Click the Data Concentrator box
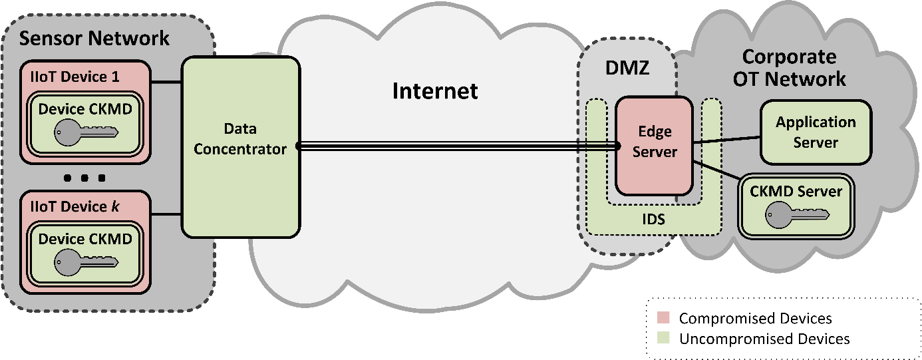[240, 146]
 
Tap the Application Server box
[816, 132]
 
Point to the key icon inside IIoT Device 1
[85, 131]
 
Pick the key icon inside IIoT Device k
[85, 261]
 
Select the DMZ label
[627, 68]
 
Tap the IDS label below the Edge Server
[654, 219]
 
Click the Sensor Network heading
[94, 38]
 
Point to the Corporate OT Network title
[789, 67]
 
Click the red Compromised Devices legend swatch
[663, 319]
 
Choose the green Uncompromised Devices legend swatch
[663, 339]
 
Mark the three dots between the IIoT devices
[85, 178]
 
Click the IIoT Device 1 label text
[75, 77]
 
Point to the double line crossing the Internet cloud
[439, 146]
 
